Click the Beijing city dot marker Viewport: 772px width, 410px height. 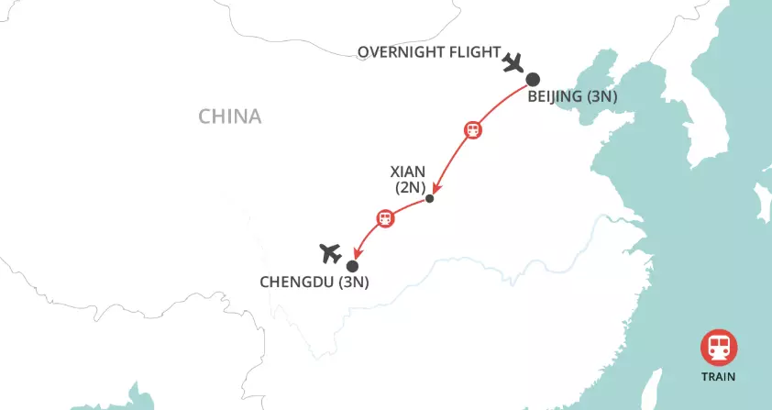pyautogui.click(x=532, y=80)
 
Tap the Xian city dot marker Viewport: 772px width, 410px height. pyautogui.click(x=430, y=198)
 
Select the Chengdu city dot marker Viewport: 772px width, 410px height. pyautogui.click(x=352, y=266)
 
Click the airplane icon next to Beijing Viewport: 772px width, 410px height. pyautogui.click(x=513, y=63)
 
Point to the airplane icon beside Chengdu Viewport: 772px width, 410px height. pyautogui.click(x=329, y=251)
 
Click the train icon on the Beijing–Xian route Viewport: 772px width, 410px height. pyautogui.click(x=472, y=130)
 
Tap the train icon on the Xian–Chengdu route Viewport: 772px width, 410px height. pyautogui.click(x=385, y=218)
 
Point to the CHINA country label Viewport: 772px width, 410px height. pyautogui.click(x=230, y=116)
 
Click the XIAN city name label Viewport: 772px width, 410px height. pyautogui.click(x=409, y=172)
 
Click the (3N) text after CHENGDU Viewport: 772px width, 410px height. pyautogui.click(x=353, y=283)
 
